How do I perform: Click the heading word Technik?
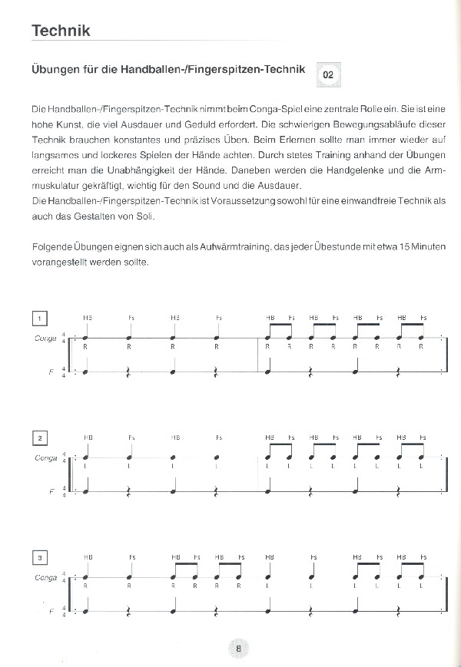(x=61, y=31)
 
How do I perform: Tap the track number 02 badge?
(x=328, y=75)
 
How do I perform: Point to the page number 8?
(x=239, y=649)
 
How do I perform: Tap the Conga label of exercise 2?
(x=46, y=457)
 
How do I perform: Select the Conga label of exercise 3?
(x=46, y=576)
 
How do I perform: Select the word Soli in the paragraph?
(x=144, y=216)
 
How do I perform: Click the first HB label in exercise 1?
(x=88, y=318)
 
